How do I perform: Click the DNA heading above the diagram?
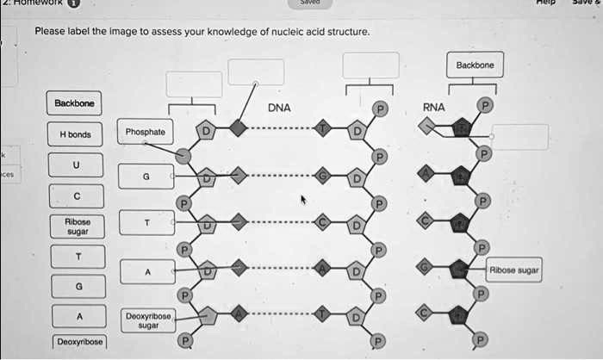click(x=279, y=109)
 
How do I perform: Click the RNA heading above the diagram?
click(x=433, y=109)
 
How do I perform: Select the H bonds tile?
click(x=75, y=134)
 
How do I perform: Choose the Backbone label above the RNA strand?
click(x=476, y=65)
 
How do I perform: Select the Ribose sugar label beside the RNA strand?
click(x=515, y=270)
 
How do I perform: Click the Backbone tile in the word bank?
click(x=74, y=103)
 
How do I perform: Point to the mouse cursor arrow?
click(x=302, y=199)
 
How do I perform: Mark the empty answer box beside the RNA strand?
click(x=520, y=137)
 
